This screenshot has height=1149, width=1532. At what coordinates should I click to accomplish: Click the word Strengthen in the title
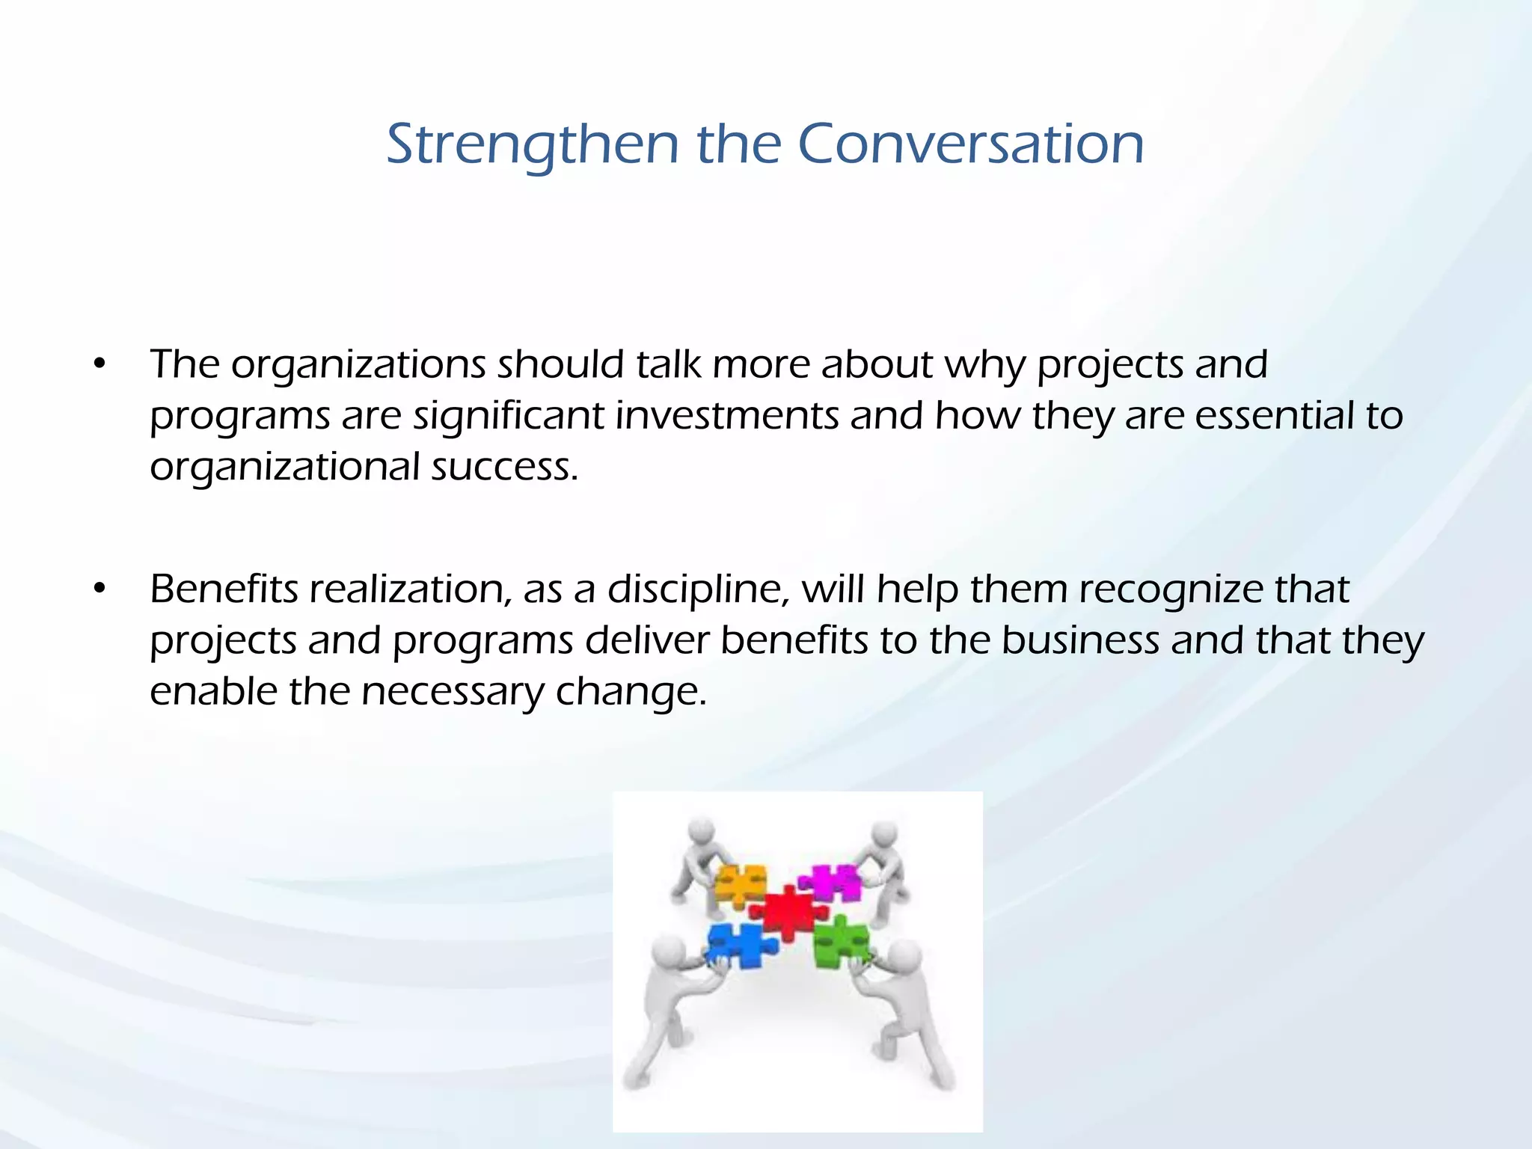click(x=531, y=144)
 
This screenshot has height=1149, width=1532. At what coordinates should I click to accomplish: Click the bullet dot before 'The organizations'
click(x=99, y=365)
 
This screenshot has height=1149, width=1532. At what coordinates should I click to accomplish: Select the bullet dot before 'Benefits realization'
click(x=99, y=589)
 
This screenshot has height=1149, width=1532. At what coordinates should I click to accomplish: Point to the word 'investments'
click(x=726, y=416)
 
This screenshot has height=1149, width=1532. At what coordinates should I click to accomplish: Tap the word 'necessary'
click(x=453, y=691)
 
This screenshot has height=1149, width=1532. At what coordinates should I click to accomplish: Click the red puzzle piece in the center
click(x=789, y=912)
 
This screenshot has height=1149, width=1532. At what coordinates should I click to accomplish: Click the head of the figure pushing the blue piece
click(x=668, y=954)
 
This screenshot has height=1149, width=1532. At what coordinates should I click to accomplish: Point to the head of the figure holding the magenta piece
click(x=885, y=833)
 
